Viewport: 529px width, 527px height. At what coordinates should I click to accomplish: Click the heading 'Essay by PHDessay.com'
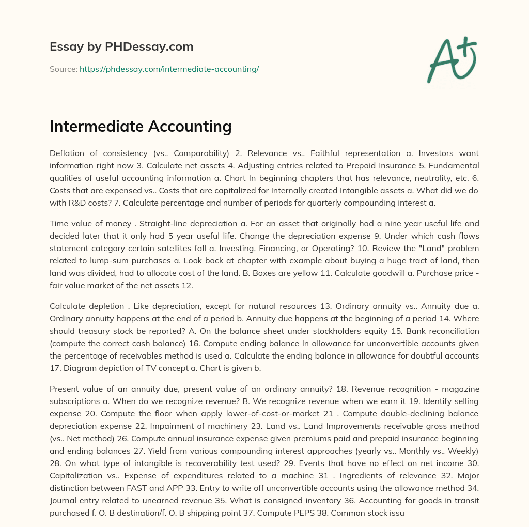point(121,47)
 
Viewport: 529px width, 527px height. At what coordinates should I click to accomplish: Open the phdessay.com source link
point(169,69)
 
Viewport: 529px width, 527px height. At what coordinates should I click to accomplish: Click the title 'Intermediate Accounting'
point(141,126)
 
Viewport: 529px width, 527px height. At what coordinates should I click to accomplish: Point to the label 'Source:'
point(63,69)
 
